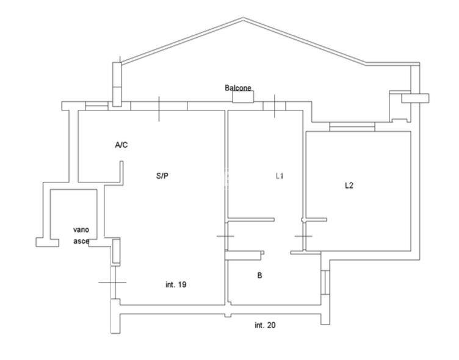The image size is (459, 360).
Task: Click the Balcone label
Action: click(x=238, y=87)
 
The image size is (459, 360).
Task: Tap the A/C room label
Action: click(x=121, y=145)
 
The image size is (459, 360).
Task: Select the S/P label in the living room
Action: click(x=162, y=176)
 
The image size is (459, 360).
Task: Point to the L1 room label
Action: click(x=280, y=176)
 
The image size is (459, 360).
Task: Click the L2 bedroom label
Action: click(x=349, y=185)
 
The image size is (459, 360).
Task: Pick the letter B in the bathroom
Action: click(x=259, y=275)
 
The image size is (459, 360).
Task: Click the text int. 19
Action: click(x=176, y=284)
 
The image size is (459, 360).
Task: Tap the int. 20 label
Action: click(x=265, y=325)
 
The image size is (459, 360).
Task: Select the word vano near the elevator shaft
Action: click(x=81, y=230)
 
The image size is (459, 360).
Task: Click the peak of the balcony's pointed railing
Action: click(x=243, y=18)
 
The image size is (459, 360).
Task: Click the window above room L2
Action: click(x=352, y=126)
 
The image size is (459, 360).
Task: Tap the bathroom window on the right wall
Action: click(x=325, y=282)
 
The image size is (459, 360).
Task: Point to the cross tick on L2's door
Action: click(x=303, y=236)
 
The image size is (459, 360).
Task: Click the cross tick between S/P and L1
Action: click(x=225, y=236)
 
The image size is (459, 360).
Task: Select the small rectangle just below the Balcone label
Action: click(x=243, y=96)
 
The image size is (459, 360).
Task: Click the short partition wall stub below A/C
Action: click(x=121, y=172)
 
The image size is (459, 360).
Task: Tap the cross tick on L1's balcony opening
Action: click(x=275, y=106)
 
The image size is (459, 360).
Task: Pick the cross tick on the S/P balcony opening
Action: click(x=159, y=109)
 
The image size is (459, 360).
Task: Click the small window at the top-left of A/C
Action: click(x=96, y=106)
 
